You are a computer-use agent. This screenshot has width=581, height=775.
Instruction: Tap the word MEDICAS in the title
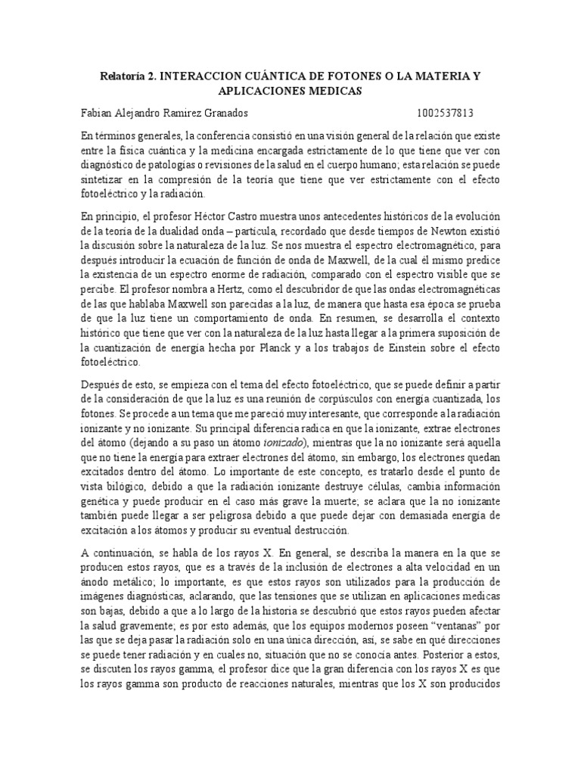[334, 91]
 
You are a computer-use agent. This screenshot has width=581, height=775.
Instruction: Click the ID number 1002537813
[446, 114]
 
